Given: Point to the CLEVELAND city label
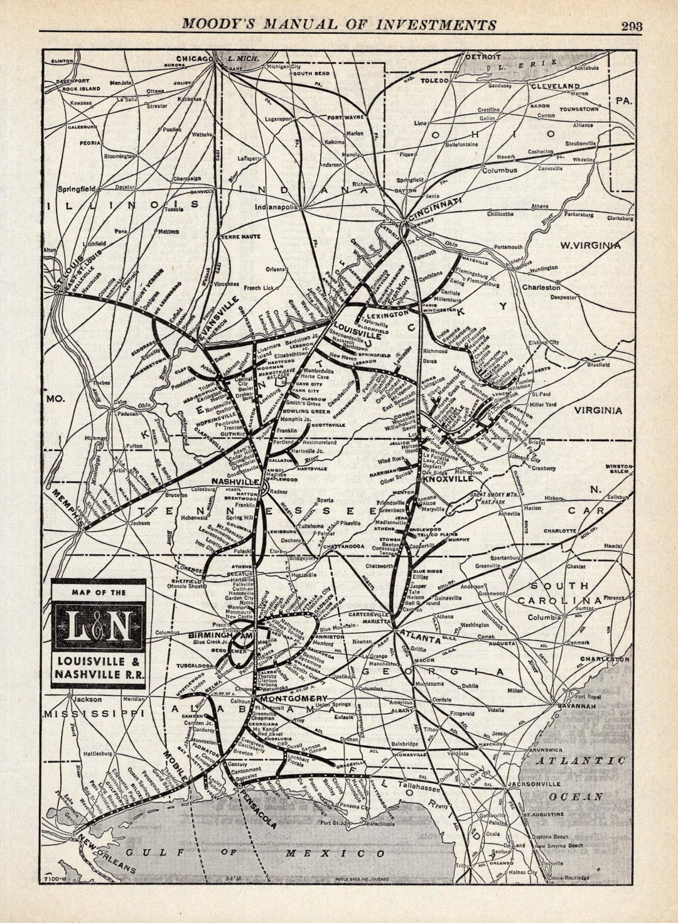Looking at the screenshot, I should point(555,85).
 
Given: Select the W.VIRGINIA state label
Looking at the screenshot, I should point(590,245).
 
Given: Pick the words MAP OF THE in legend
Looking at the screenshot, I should point(98,592).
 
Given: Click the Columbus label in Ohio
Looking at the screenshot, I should point(499,170).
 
